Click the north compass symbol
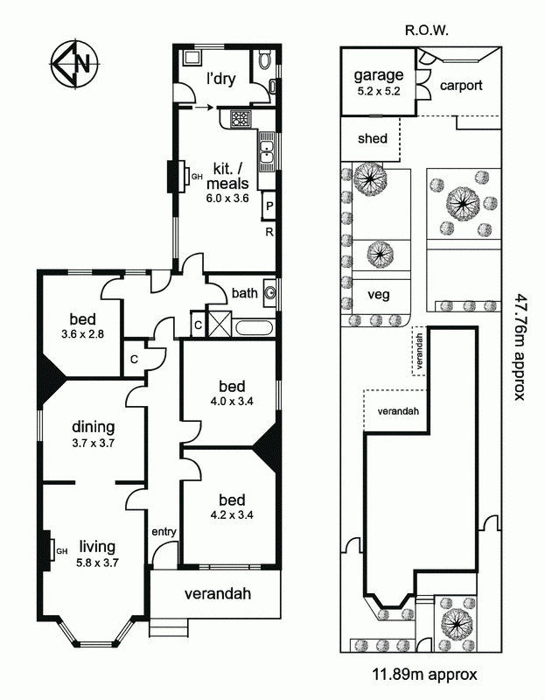[x=74, y=63]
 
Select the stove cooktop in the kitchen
[x=241, y=118]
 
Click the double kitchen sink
[x=267, y=152]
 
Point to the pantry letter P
[x=269, y=206]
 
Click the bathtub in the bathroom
[x=253, y=327]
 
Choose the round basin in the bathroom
[x=270, y=293]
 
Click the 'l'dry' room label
[x=221, y=79]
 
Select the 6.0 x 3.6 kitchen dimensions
[x=227, y=199]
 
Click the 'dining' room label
[x=94, y=427]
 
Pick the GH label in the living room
[x=61, y=551]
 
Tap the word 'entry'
[x=164, y=532]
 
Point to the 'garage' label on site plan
[x=379, y=75]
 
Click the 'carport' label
[x=461, y=85]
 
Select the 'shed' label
[x=373, y=138]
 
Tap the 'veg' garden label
[x=379, y=295]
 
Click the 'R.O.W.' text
[x=426, y=31]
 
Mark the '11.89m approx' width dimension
[x=424, y=674]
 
